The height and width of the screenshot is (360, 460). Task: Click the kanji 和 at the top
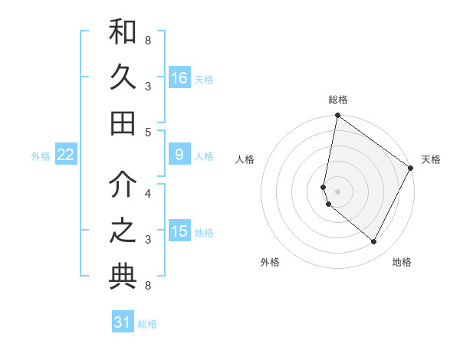point(123,32)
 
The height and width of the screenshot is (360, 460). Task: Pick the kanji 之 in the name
point(123,231)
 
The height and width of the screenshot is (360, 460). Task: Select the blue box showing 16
point(179,78)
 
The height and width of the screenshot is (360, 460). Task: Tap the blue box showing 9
point(179,155)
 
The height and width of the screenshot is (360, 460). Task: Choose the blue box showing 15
point(179,231)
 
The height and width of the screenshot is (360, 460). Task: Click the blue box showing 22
point(66,155)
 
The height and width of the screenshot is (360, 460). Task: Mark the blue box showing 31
point(123,322)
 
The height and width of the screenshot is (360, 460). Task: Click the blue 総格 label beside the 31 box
point(147,324)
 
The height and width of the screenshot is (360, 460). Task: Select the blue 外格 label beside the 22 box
point(41,156)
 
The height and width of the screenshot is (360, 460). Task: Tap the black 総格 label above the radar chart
point(338,100)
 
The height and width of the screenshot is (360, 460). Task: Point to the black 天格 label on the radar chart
point(431,159)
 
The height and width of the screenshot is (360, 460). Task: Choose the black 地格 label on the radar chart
point(402,262)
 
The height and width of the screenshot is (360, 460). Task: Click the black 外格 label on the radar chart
point(270,262)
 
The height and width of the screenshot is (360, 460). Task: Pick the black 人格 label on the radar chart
point(245,159)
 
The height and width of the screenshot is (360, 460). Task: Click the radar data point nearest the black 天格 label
point(411,168)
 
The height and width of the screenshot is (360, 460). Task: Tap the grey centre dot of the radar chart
point(338,191)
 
